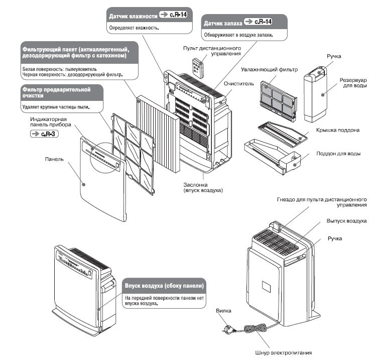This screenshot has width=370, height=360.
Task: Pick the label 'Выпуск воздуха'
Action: pos(346,221)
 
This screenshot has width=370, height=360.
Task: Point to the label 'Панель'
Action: pos(54,159)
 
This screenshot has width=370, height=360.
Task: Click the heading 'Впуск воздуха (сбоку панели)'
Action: pos(164,286)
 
